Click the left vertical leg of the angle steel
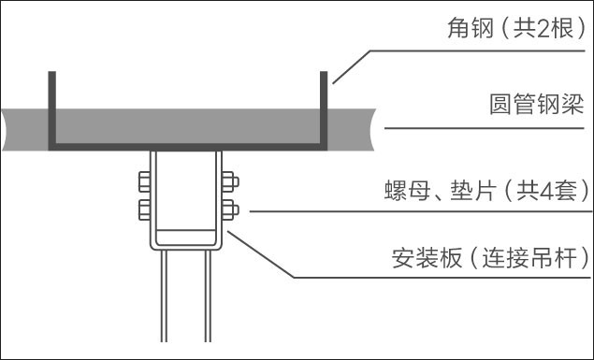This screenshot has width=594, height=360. (51, 108)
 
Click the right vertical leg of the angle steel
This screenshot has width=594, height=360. (325, 108)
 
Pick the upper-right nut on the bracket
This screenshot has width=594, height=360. (229, 181)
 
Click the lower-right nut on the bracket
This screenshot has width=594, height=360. (229, 209)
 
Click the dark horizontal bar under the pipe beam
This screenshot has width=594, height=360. (187, 147)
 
